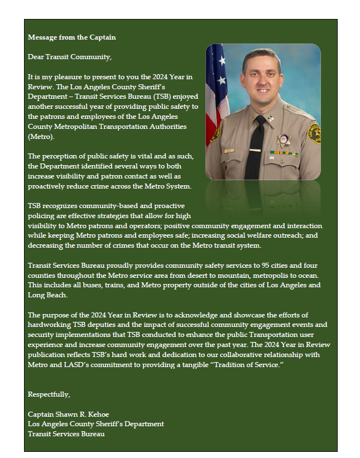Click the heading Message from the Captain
click(x=71, y=37)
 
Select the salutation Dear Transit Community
click(x=70, y=57)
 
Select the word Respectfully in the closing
click(x=49, y=394)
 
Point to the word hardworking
click(x=49, y=325)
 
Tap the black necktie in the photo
click(x=255, y=148)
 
